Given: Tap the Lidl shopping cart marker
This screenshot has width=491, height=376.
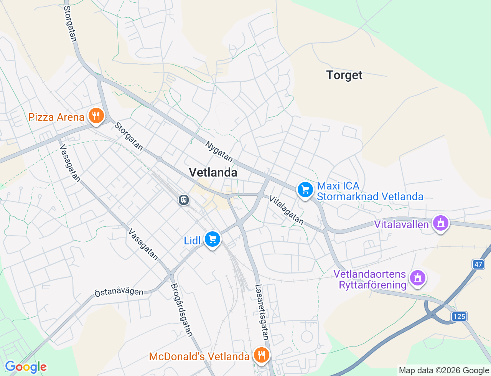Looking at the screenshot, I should (212, 239).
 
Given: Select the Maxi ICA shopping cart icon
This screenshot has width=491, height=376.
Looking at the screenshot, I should (305, 190).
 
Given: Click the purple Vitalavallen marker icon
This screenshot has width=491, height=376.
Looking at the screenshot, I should (441, 223).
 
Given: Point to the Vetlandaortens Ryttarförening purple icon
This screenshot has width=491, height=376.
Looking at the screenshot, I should (418, 278).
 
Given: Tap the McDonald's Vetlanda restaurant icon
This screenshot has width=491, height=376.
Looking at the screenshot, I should (261, 355).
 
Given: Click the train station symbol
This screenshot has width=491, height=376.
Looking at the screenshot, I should (184, 200).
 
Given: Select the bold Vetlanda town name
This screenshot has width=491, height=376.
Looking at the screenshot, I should (213, 173).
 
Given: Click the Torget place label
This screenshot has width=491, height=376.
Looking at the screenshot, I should (344, 75).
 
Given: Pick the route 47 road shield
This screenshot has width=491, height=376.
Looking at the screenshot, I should (478, 264).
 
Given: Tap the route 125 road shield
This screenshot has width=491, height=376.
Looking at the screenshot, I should (459, 316).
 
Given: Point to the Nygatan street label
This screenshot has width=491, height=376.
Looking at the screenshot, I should (219, 152).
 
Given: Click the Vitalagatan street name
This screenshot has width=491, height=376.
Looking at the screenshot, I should (287, 210).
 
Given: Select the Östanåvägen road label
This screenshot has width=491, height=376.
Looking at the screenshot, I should (119, 292).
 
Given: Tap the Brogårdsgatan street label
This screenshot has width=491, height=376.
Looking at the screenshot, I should (181, 310).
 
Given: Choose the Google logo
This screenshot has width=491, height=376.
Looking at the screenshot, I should (26, 367).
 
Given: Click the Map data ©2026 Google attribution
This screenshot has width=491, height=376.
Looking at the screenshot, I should (444, 370).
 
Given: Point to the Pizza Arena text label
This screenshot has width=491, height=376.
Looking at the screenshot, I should (56, 117).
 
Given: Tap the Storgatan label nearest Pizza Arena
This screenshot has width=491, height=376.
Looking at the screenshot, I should (129, 136).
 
